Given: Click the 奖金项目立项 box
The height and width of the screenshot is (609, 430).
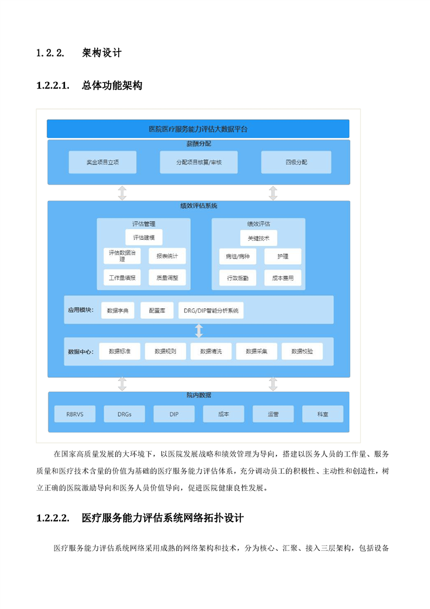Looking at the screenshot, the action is (102, 162).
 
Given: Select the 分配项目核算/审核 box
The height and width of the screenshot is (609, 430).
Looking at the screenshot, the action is (198, 162).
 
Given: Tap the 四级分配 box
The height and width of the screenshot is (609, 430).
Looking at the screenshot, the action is (296, 162).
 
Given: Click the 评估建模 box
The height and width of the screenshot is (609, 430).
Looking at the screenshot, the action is (144, 237).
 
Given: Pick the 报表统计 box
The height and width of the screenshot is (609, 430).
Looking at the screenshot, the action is (167, 256).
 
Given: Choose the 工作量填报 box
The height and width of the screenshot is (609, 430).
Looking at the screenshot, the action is (122, 278).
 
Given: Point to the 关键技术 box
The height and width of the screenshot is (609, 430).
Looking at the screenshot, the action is (259, 238).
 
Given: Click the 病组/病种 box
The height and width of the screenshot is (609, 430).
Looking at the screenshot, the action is (238, 256).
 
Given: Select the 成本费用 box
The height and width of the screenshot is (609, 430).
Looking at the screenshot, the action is (283, 278).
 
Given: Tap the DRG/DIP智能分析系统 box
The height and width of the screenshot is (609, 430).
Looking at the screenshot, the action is (211, 310).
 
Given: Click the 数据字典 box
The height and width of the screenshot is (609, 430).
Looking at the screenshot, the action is (118, 310).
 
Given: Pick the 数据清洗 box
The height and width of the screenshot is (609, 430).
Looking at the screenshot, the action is (211, 351).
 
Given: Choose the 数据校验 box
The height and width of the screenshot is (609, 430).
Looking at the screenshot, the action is (303, 351).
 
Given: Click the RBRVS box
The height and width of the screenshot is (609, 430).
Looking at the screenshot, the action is (75, 414).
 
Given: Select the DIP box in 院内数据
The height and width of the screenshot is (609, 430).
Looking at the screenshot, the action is (174, 414).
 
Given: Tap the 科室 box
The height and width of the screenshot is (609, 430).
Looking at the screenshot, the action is (323, 414).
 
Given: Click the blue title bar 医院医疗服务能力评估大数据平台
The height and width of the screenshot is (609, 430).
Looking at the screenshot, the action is (198, 129).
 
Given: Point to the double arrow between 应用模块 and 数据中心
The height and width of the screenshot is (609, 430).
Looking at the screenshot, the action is (199, 331).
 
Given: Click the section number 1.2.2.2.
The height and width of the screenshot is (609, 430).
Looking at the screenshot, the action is (53, 518).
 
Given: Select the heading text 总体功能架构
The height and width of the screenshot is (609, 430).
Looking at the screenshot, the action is (112, 85).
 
